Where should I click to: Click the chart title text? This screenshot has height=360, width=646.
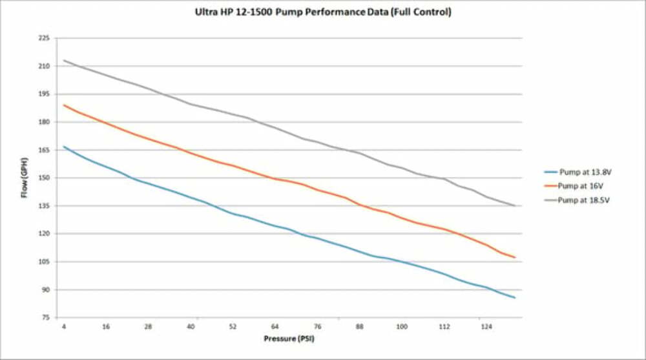point(322,12)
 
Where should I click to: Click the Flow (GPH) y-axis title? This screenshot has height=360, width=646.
point(25,177)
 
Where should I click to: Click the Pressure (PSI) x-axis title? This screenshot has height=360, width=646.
point(289,338)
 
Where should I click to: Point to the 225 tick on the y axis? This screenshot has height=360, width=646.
point(45,38)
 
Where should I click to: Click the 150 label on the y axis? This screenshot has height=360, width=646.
point(45,178)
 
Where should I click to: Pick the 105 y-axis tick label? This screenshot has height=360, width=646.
point(45,262)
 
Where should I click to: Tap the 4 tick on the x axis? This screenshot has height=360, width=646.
point(64,327)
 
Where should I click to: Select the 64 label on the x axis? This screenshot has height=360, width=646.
point(275,327)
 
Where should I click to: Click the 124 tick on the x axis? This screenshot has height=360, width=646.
point(486,327)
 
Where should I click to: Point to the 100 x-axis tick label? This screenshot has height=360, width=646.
point(402,327)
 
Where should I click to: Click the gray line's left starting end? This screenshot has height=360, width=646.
point(64,61)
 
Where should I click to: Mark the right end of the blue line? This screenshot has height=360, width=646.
point(515,297)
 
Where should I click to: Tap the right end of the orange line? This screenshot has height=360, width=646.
point(515,257)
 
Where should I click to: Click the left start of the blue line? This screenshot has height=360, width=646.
point(64,147)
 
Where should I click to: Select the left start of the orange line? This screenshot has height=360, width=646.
point(64,105)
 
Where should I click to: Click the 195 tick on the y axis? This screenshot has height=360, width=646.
point(45,94)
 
